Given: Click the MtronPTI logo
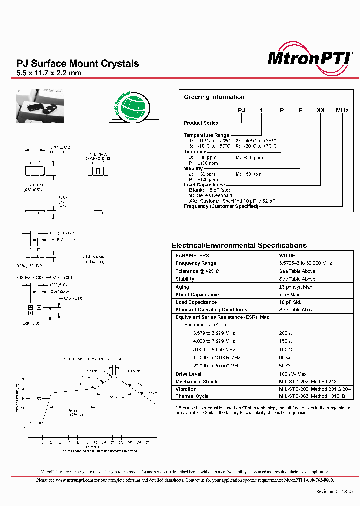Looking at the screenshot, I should pyautogui.click(x=310, y=57).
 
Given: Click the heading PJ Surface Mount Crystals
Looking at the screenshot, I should pyautogui.click(x=78, y=63).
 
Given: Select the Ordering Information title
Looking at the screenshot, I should pyautogui.click(x=214, y=97).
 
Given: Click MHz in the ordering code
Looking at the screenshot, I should pyautogui.click(x=342, y=110).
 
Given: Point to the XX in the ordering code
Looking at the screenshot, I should pyautogui.click(x=321, y=110).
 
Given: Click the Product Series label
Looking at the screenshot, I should pyautogui.click(x=200, y=123).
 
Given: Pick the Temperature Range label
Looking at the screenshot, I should pyautogui.click(x=207, y=135).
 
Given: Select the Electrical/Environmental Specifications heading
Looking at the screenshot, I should pyautogui.click(x=239, y=245).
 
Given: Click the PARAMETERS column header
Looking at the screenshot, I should pyautogui.click(x=192, y=255).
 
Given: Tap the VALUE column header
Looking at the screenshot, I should pyautogui.click(x=287, y=255).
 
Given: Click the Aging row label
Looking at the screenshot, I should pyautogui.click(x=183, y=287).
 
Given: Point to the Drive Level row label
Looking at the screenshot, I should pyautogui.click(x=188, y=374).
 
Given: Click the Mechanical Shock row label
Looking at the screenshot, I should pyautogui.click(x=196, y=381).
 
